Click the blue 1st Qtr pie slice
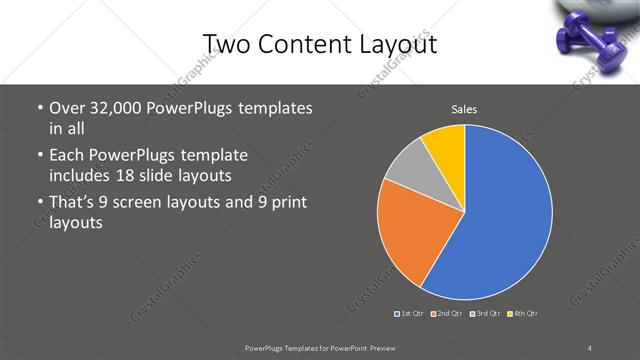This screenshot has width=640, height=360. pos(505,215)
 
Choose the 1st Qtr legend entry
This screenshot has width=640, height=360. pos(410,314)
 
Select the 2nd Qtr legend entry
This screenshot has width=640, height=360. pos(446,314)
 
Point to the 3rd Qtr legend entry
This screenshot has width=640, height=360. pos(484,314)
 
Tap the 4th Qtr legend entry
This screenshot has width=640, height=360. pos(522,314)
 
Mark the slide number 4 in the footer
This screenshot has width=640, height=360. pos(590,347)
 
